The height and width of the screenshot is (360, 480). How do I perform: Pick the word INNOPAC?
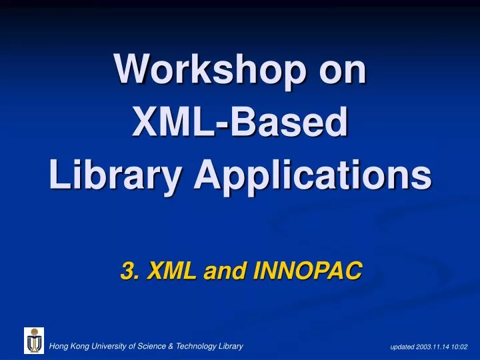pos(303,271)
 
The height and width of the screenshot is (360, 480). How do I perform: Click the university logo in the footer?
pos(34,341)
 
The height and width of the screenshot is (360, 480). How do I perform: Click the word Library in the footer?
pos(229,346)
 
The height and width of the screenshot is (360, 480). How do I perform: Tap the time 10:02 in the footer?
pos(461,347)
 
